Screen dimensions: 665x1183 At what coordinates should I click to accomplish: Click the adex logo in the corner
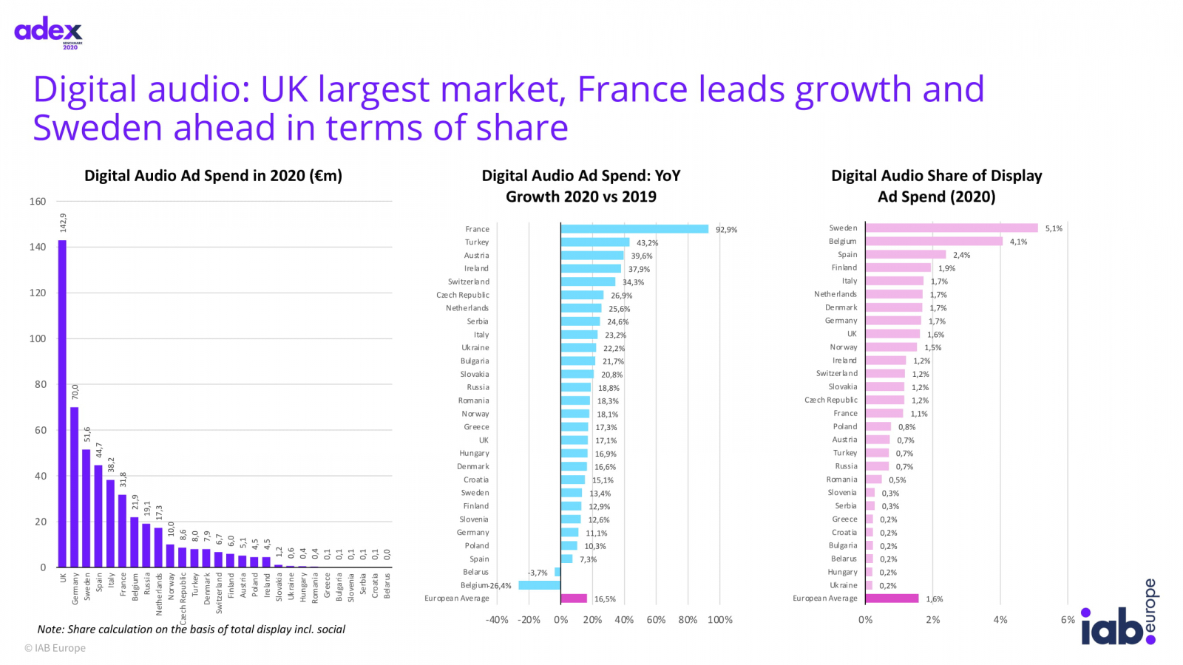pyautogui.click(x=49, y=33)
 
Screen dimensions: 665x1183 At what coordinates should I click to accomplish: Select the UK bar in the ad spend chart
pyautogui.click(x=62, y=403)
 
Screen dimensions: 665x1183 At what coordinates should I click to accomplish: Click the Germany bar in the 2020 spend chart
pyautogui.click(x=74, y=487)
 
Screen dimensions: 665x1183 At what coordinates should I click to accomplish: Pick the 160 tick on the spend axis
pyautogui.click(x=38, y=201)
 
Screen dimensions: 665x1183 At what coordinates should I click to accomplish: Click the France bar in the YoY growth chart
pyautogui.click(x=634, y=229)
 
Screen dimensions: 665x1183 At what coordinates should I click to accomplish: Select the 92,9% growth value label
pyautogui.click(x=726, y=230)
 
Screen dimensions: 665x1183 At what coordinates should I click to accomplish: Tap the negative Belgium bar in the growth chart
pyautogui.click(x=539, y=585)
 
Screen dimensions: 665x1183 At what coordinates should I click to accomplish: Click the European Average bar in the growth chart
pyautogui.click(x=574, y=598)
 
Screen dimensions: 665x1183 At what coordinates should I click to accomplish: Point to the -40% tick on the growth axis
pyautogui.click(x=497, y=620)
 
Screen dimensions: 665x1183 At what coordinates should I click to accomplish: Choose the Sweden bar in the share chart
pyautogui.click(x=951, y=228)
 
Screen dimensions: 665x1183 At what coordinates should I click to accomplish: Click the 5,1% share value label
pyautogui.click(x=1054, y=229)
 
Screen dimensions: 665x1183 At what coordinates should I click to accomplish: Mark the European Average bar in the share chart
pyautogui.click(x=892, y=598)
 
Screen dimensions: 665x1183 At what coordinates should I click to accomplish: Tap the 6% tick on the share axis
pyautogui.click(x=1068, y=620)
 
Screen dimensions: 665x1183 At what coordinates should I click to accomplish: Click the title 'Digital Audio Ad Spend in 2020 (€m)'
pyautogui.click(x=213, y=176)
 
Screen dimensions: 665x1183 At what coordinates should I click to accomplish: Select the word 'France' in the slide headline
pyautogui.click(x=632, y=89)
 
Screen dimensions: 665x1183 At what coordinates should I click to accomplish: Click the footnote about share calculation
pyautogui.click(x=191, y=630)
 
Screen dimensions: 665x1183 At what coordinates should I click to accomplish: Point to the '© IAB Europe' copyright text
pyautogui.click(x=55, y=648)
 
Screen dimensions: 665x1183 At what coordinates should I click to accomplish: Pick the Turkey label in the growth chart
pyautogui.click(x=477, y=242)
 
